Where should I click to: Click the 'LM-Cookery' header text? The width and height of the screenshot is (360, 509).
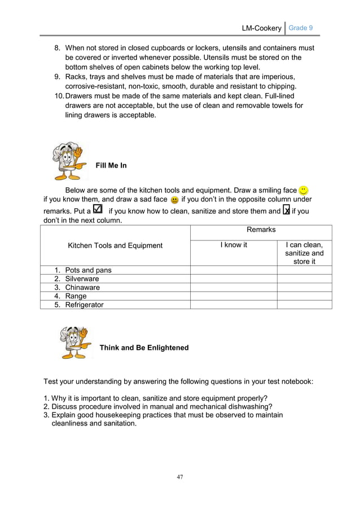pos(261,28)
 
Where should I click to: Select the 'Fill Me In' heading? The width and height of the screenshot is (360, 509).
pos(111,165)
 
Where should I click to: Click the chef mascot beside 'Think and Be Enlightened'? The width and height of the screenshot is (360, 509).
pos(75,342)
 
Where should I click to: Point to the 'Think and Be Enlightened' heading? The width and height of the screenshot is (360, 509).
pos(144,348)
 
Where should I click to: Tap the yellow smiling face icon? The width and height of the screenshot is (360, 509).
pos(304,190)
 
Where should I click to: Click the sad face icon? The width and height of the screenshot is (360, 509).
pos(174,200)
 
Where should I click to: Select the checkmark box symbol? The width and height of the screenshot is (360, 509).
pos(97,209)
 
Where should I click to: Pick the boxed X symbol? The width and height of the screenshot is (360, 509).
pos(286,210)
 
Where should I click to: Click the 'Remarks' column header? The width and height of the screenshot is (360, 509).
pos(261,230)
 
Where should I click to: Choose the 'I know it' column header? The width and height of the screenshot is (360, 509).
pos(234,245)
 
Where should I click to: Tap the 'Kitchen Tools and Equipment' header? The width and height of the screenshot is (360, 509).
pos(115,245)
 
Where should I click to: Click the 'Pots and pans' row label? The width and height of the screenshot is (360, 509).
pos(88,270)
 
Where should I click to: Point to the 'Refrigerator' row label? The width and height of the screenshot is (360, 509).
pos(84,305)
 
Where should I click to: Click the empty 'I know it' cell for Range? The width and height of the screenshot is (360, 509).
pos(233,296)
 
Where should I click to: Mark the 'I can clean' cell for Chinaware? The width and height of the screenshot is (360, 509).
pos(304,287)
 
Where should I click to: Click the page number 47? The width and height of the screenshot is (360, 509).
pos(180,477)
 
